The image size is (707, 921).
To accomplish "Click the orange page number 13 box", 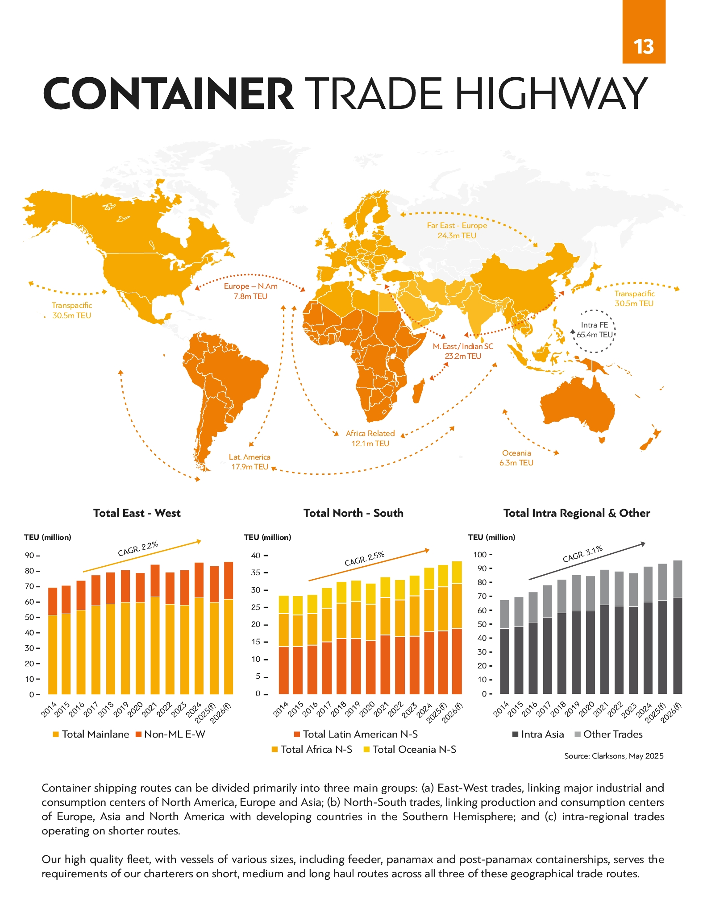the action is tap(644, 32).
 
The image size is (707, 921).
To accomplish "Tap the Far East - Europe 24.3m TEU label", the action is tap(457, 230).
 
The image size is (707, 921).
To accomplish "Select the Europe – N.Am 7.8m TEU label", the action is tap(250, 291).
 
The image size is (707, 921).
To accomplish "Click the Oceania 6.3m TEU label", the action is tap(516, 458).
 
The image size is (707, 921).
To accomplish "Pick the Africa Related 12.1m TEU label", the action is tap(370, 438).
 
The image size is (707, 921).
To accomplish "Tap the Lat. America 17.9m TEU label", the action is tap(250, 462).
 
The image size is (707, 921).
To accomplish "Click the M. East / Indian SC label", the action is tap(463, 346).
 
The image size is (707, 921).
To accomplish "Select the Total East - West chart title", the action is tap(137, 513).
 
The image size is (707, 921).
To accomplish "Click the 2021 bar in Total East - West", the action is tap(155, 629).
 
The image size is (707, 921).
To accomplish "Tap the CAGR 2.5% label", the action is tap(364, 559).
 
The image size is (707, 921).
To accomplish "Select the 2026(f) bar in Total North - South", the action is tap(457, 627).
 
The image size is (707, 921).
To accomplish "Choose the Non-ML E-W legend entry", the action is tap(170, 734).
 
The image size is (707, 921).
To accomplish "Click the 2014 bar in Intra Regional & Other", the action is tap(504, 647).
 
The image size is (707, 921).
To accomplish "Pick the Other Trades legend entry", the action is tap(608, 734).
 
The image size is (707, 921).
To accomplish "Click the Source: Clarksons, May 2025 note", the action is tap(614, 756).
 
